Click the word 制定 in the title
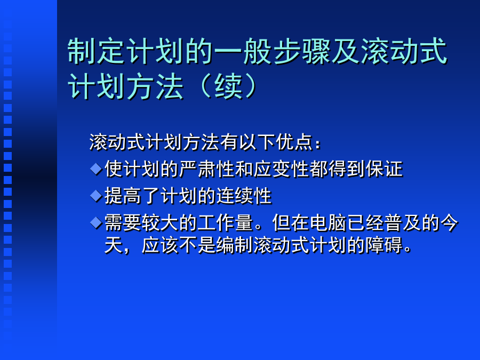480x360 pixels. (97, 51)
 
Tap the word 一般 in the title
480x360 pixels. (243, 51)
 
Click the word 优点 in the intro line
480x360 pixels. (294, 142)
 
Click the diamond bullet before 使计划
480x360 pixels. (96, 169)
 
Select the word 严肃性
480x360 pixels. (207, 169)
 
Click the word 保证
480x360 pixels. (384, 169)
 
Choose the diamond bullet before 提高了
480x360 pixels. (96, 196)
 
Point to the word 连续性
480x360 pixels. (244, 196)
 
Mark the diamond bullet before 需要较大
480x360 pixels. (96, 222)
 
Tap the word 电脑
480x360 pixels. (328, 222)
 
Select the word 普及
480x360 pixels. (403, 222)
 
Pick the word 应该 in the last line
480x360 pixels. (160, 245)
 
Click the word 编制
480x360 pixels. (235, 245)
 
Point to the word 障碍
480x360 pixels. (384, 245)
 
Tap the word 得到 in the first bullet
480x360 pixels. (347, 169)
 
